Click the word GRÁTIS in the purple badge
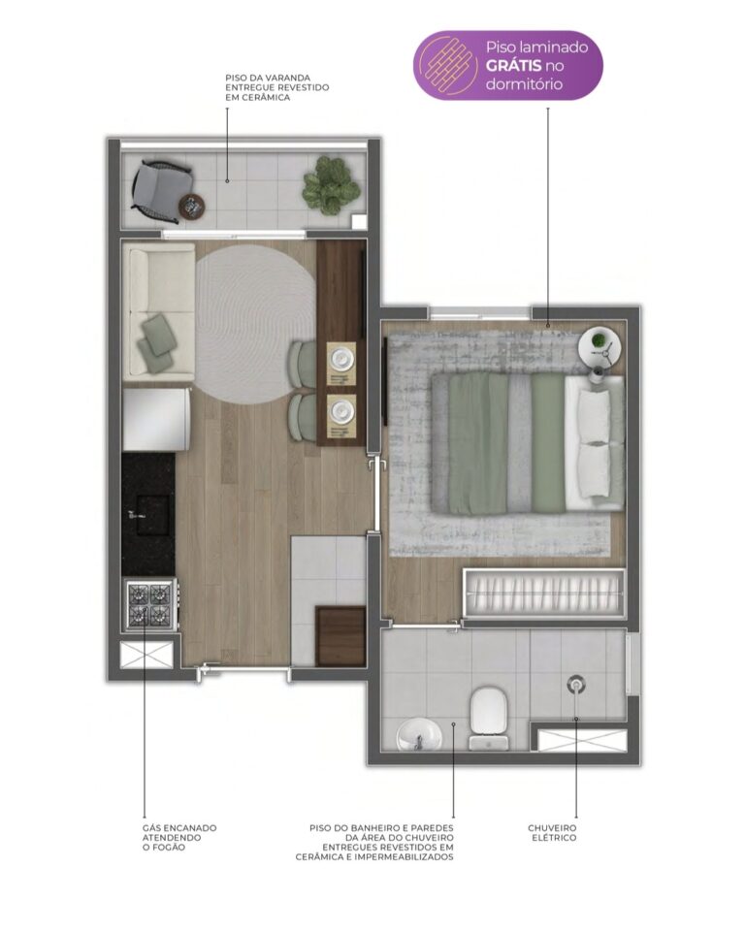coord(513,65)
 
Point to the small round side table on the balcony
coord(192,207)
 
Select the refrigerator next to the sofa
coord(156,419)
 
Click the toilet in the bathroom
coord(489,718)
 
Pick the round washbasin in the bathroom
coord(419,736)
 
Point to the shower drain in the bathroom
coord(576,684)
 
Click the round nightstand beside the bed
coord(600,348)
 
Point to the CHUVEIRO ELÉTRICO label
coord(552,832)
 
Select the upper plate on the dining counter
coord(341,358)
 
